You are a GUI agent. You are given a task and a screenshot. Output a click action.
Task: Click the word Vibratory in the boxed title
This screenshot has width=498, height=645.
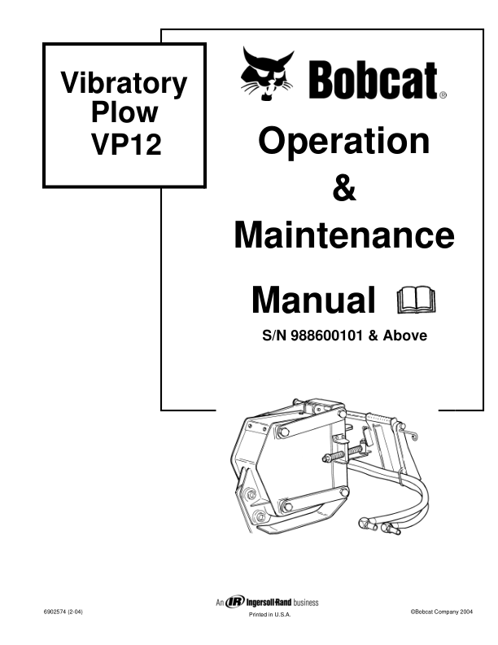(x=124, y=84)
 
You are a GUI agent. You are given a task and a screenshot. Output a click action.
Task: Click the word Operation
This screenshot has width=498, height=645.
(x=343, y=141)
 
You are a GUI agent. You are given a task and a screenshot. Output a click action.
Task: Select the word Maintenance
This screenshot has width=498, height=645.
(x=343, y=236)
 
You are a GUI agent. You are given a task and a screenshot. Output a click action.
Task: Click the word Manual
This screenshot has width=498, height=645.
(x=313, y=301)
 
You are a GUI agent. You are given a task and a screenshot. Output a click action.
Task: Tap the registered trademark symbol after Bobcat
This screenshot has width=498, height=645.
(x=443, y=95)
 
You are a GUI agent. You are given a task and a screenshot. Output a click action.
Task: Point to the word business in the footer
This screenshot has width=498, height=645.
(x=307, y=603)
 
